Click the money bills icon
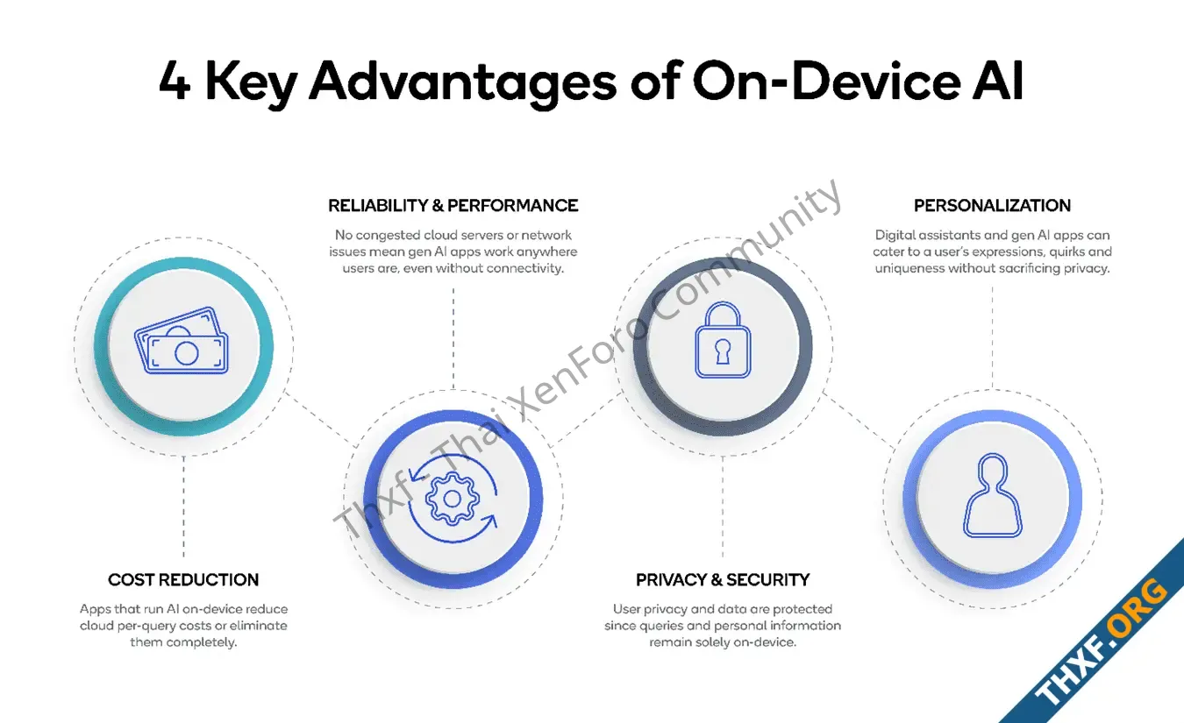182,341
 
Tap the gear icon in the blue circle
453,499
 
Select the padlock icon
723,339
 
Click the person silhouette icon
992,495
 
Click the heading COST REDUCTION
183,580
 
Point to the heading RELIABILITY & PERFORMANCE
453,205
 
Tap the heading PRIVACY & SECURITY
723,580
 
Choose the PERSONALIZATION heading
992,205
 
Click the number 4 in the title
175,81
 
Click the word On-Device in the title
826,80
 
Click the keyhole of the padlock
723,351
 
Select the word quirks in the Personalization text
1068,252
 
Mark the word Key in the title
251,83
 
